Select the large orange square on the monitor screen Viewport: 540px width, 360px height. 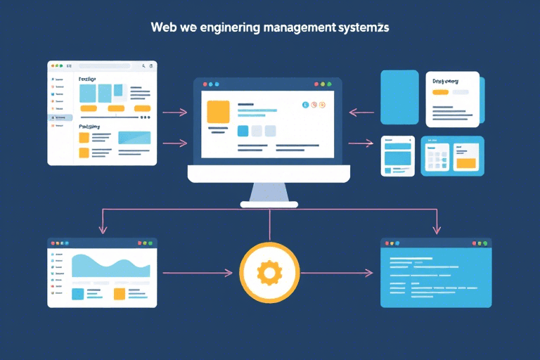[x=218, y=112]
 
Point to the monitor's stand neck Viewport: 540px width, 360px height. [x=269, y=191]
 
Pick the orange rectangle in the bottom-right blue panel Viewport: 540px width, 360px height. [x=465, y=163]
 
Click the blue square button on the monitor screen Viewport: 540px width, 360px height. [x=243, y=131]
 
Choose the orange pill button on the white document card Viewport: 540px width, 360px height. [x=440, y=92]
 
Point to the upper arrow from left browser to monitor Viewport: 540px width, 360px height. [x=174, y=112]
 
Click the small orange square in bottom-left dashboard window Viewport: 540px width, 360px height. [x=119, y=294]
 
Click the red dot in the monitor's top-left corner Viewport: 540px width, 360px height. [x=203, y=84]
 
